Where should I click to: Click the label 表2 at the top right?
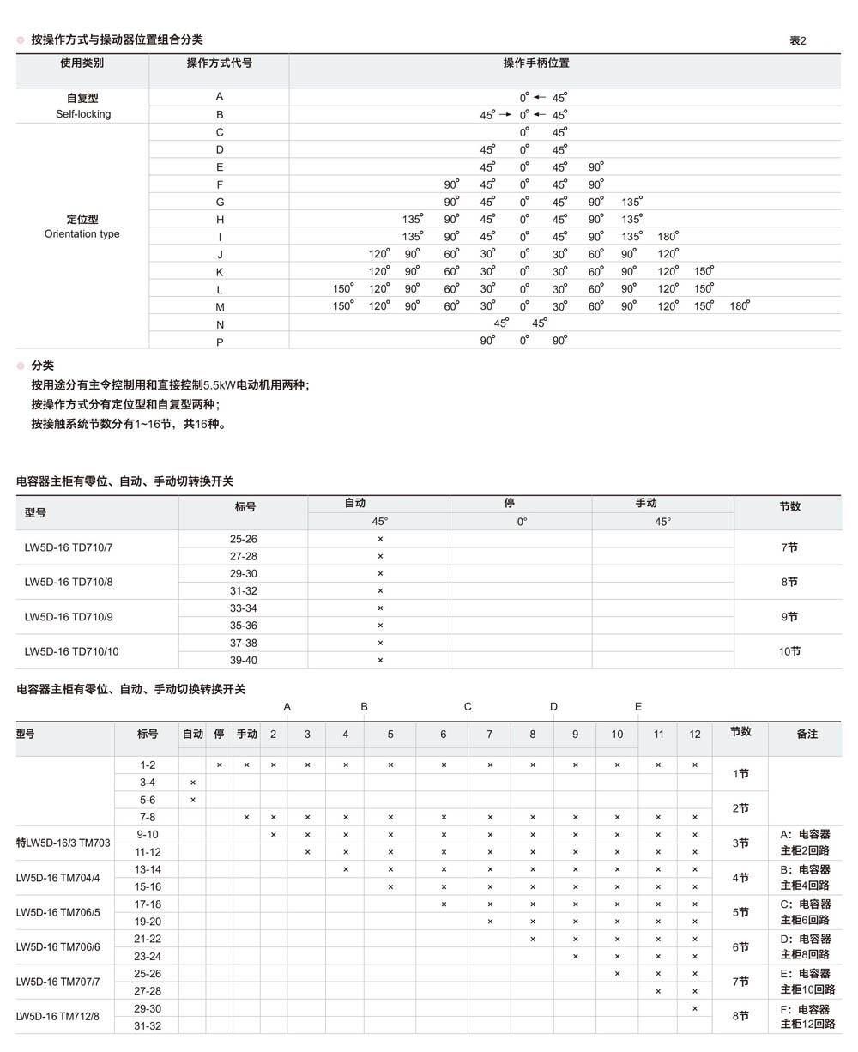click(797, 40)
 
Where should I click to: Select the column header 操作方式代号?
click(219, 63)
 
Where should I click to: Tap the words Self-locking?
click(83, 114)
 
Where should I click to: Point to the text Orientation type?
click(82, 234)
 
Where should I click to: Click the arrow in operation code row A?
click(540, 98)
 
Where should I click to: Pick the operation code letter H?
click(220, 220)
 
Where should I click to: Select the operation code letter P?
click(220, 342)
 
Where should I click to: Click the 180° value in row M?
click(740, 306)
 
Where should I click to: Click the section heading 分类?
click(43, 366)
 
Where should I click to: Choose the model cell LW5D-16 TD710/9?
click(69, 617)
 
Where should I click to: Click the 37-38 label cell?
click(244, 643)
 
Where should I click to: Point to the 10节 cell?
click(789, 652)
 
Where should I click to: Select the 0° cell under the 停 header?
click(521, 522)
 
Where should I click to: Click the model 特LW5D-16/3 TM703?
click(63, 843)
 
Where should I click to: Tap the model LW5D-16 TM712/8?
click(57, 1017)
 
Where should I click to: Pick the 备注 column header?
click(807, 734)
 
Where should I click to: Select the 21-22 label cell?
click(148, 939)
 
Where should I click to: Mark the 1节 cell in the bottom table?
click(740, 774)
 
